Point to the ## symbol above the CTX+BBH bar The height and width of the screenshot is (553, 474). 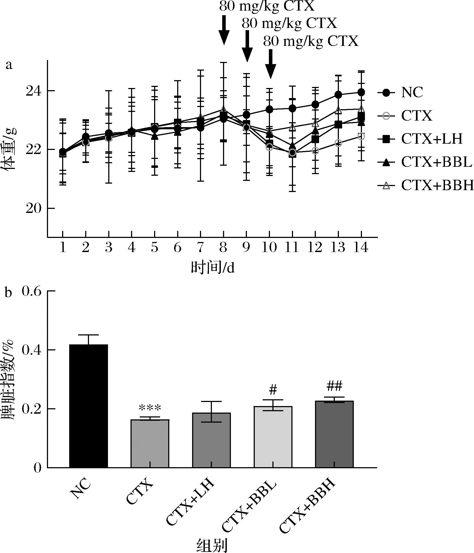click(334, 386)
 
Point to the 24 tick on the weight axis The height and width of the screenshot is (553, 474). click(32, 91)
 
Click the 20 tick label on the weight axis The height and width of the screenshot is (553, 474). click(32, 209)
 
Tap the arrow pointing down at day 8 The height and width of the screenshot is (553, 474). click(224, 30)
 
